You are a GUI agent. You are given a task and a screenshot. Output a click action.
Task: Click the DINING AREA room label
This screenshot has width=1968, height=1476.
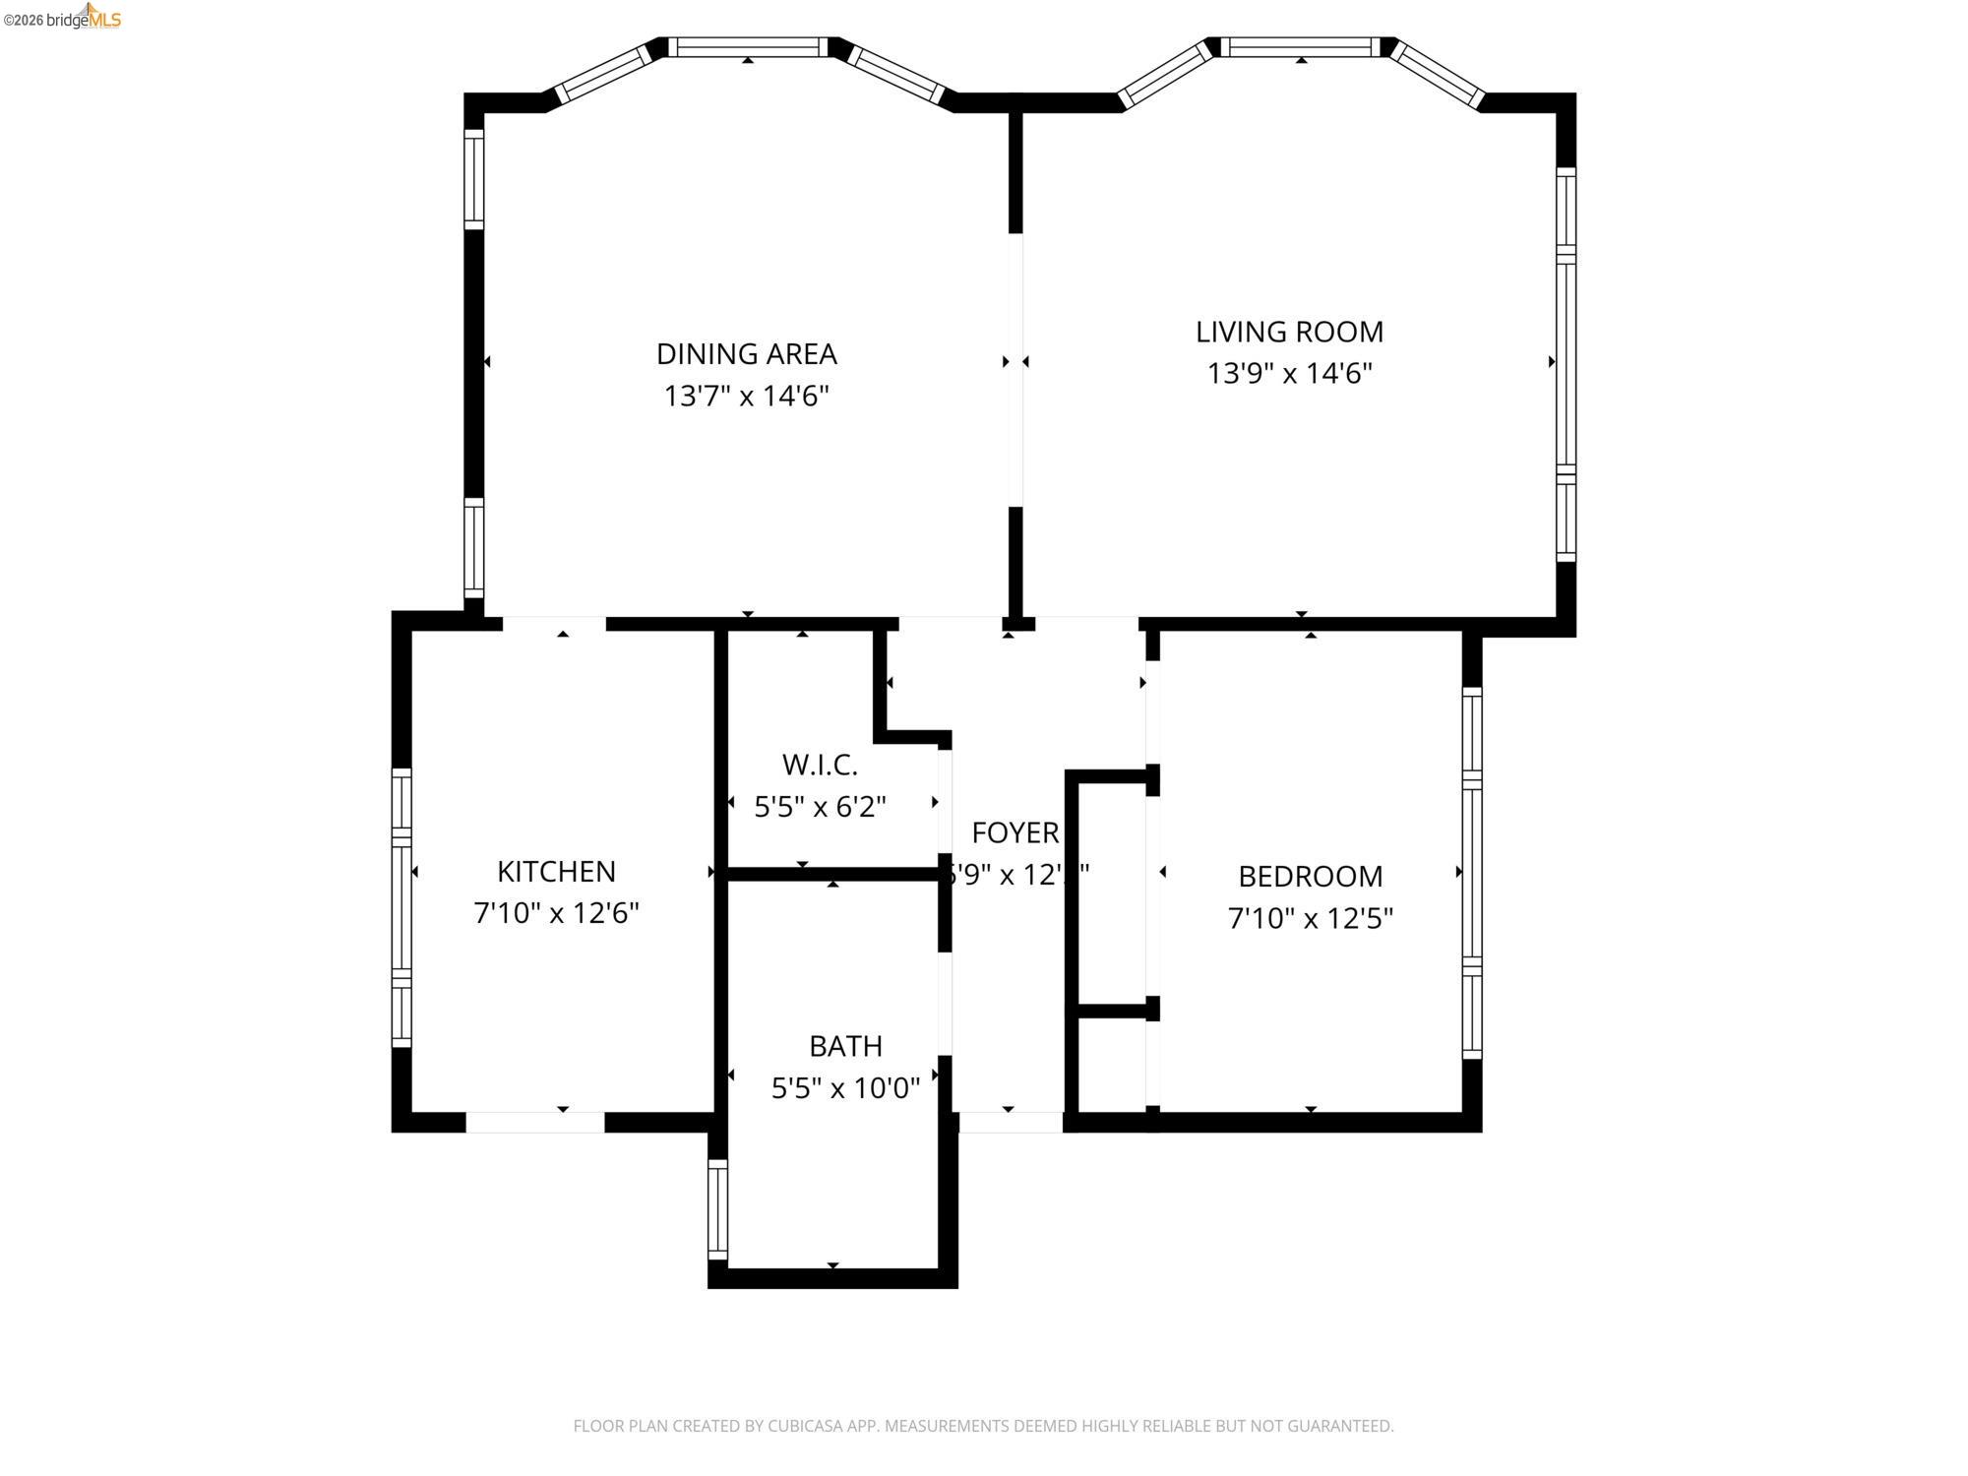point(746,353)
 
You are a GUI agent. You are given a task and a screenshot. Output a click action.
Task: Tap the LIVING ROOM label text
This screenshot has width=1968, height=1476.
point(1289,332)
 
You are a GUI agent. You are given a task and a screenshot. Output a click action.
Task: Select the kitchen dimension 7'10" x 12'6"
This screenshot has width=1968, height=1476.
point(556,913)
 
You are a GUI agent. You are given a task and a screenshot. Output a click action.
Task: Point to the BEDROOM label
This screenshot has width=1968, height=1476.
point(1310,876)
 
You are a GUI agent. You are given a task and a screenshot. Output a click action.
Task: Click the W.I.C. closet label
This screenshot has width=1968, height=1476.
point(820,764)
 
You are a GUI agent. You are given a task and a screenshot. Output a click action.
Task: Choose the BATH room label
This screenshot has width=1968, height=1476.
point(845,1045)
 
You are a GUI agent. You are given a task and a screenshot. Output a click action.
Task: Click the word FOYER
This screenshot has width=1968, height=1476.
point(1015,832)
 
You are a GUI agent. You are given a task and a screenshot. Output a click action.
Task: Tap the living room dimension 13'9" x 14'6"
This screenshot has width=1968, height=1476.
point(1289,374)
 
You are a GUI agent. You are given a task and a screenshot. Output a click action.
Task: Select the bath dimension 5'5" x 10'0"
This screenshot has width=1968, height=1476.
point(845,1087)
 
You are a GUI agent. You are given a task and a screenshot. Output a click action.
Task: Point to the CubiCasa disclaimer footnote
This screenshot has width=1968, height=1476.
point(983,1426)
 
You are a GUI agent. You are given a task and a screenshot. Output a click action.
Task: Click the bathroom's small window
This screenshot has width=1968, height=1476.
point(718,1209)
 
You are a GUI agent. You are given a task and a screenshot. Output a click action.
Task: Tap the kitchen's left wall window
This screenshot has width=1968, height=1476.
point(401,906)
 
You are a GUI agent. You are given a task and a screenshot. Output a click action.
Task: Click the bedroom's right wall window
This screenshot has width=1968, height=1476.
point(1471,872)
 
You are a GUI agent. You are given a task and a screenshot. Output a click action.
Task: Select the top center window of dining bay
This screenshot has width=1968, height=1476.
point(748,47)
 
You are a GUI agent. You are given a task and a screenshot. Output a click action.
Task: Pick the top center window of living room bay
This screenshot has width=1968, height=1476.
point(1301,47)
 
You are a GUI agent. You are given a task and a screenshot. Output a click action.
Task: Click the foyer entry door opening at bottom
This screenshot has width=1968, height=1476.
point(1011,1122)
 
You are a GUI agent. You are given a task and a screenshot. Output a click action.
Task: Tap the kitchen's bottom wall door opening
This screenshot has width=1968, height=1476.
point(534,1122)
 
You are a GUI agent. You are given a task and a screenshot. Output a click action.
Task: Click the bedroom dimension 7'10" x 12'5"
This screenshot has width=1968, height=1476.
point(1310,918)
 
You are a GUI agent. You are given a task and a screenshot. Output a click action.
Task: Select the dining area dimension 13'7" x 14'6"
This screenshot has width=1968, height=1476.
point(746,396)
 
